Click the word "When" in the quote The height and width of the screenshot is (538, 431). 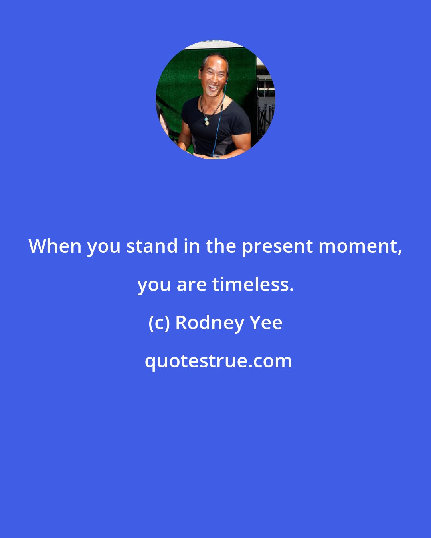coord(55,246)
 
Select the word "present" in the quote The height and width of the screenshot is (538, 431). coord(277,247)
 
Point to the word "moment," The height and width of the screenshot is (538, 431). coord(360,247)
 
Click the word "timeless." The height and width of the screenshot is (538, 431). coord(253,285)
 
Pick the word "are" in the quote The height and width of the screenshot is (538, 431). coord(192,286)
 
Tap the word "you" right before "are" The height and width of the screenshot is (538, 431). coord(154,287)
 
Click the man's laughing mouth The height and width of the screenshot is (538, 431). coord(213,88)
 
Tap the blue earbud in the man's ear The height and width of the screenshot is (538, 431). coord(227,81)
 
